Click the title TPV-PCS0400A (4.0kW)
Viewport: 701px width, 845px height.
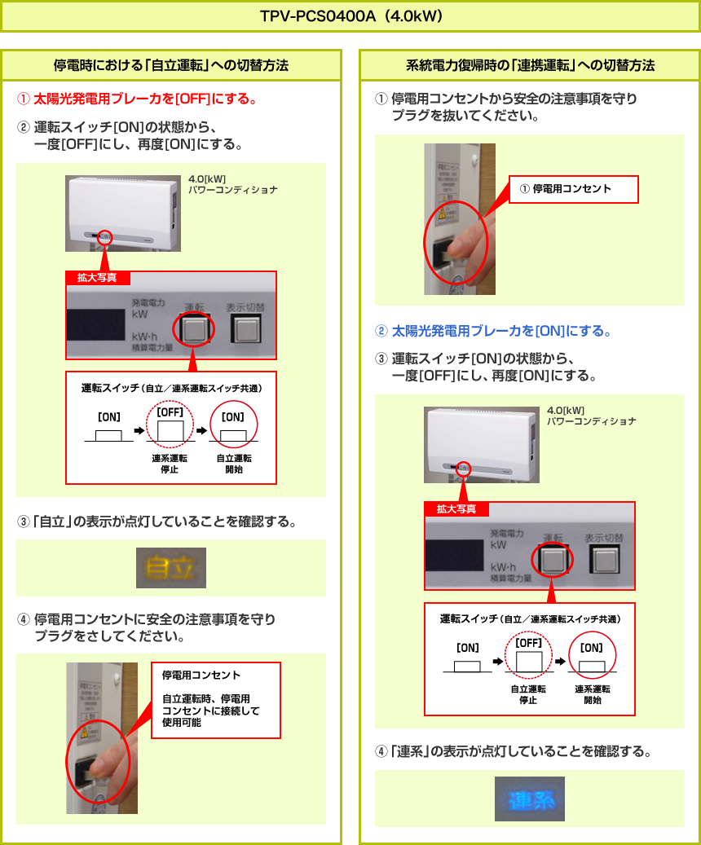pos(350,16)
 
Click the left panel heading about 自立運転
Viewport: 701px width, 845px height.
pos(171,65)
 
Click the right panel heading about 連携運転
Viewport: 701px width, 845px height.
pos(530,65)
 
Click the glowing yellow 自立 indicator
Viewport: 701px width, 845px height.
pos(171,567)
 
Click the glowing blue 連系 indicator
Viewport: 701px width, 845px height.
pos(529,799)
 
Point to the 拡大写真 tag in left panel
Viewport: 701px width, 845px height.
pos(97,278)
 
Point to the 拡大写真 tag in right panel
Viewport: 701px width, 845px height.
pos(456,509)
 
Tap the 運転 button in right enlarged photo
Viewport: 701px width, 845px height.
pos(553,560)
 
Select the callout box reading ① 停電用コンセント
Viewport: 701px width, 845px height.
pos(573,189)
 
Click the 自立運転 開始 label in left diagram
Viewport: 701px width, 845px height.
pos(233,464)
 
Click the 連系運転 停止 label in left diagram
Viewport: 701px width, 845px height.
pos(170,464)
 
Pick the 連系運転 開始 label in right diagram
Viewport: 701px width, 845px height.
pos(592,694)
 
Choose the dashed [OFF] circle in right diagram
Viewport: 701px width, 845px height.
pos(528,656)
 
